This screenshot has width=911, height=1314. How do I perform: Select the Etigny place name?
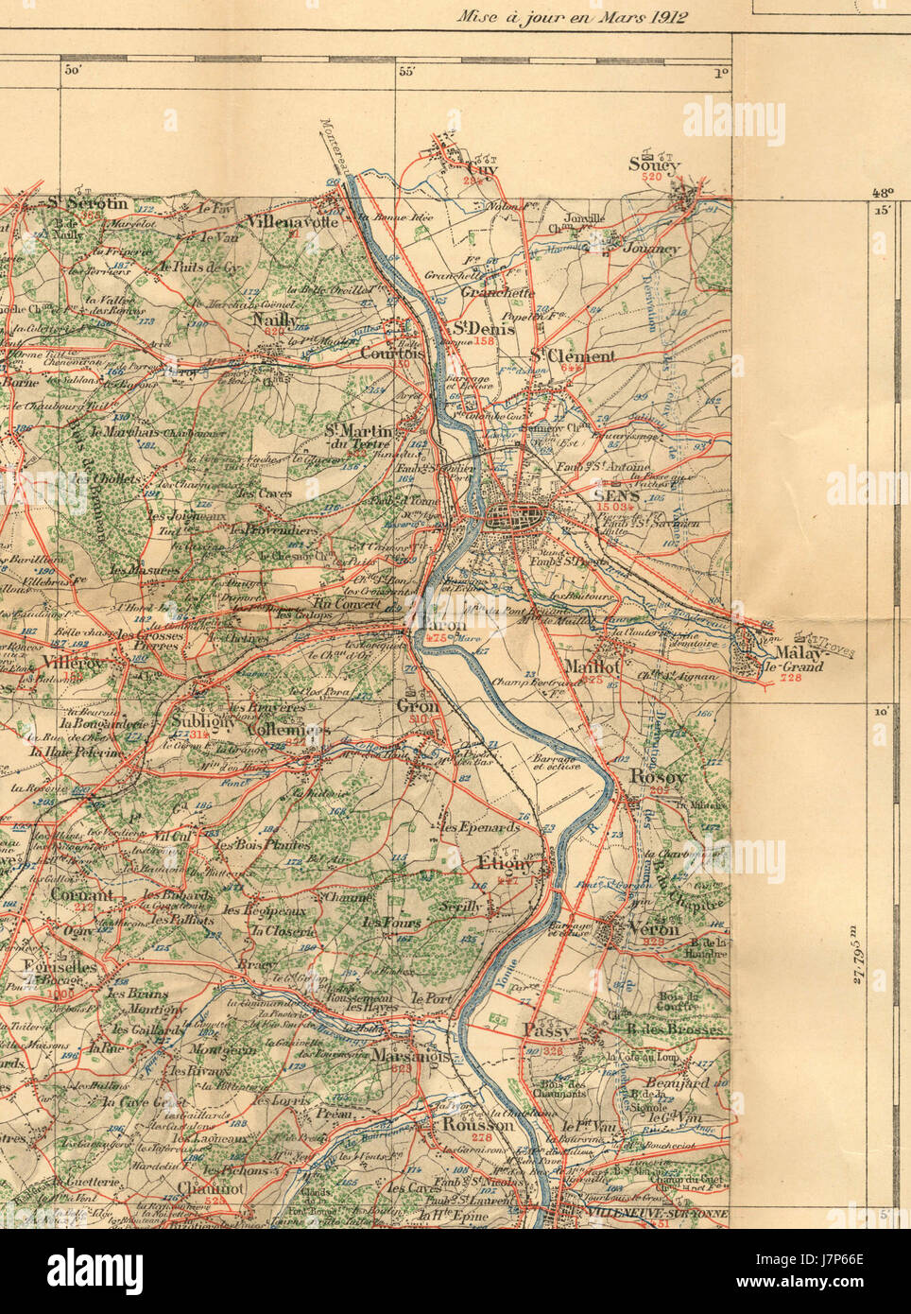pyautogui.click(x=507, y=864)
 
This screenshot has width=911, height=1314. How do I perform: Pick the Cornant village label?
pyautogui.click(x=81, y=894)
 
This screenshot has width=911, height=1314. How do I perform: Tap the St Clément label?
pyautogui.click(x=572, y=355)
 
